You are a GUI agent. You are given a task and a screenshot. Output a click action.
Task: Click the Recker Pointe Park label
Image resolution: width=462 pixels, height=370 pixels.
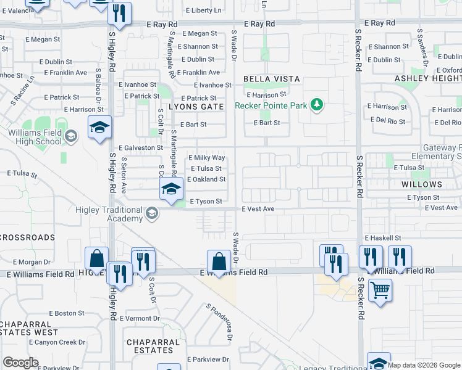[271, 105]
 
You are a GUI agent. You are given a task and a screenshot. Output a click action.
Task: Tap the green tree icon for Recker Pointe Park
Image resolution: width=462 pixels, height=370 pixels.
[317, 104]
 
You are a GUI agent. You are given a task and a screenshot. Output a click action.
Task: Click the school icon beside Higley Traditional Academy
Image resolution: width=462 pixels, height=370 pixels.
[151, 214]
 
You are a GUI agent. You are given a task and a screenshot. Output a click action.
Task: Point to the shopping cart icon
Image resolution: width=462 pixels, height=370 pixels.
[379, 289]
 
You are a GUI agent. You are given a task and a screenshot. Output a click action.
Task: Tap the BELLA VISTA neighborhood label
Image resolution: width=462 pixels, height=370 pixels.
[271, 79]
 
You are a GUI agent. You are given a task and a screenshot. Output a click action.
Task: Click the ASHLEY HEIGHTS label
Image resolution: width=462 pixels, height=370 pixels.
[426, 79]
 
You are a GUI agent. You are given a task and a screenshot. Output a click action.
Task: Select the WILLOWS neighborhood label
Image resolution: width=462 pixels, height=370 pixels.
[422, 184]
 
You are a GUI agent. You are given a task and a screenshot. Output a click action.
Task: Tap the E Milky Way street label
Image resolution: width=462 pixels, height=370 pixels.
[206, 158]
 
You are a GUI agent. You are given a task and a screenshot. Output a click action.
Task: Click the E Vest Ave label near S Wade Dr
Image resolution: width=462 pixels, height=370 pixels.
[258, 209]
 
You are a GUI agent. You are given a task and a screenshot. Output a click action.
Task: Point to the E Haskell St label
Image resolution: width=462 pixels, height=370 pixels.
[383, 237]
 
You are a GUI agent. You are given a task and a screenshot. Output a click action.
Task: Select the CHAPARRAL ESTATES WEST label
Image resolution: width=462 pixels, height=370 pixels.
[29, 328]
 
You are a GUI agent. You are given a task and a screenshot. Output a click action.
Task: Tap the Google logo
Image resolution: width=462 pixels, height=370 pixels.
[20, 362]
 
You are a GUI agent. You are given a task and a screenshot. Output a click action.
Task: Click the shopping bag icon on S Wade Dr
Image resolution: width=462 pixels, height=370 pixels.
[219, 261]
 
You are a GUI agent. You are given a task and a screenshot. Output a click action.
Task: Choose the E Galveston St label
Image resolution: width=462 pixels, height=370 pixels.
[143, 147]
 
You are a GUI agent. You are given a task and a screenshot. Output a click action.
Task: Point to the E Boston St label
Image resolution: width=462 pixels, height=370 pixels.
[67, 313]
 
